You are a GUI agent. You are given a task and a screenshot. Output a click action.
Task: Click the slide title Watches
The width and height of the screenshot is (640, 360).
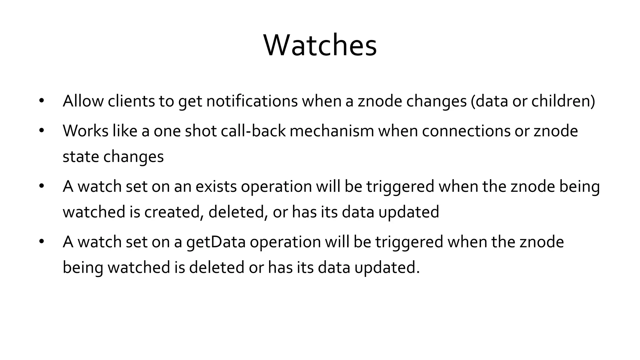[320, 46]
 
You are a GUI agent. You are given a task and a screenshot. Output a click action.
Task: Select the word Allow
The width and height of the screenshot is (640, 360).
[83, 101]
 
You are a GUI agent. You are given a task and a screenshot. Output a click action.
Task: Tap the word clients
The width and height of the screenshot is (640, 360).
[131, 101]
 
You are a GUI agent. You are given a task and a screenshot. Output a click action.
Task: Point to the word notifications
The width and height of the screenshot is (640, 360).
[252, 101]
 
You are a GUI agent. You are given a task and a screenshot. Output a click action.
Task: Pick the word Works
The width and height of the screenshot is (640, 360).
[85, 131]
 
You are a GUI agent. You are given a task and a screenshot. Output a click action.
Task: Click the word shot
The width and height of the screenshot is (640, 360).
[201, 131]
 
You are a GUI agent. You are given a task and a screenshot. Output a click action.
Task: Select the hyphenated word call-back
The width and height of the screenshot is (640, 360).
[253, 131]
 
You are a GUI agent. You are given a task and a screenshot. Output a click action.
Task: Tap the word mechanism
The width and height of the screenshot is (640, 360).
[332, 131]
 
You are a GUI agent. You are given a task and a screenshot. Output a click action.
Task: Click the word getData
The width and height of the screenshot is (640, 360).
[216, 242]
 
